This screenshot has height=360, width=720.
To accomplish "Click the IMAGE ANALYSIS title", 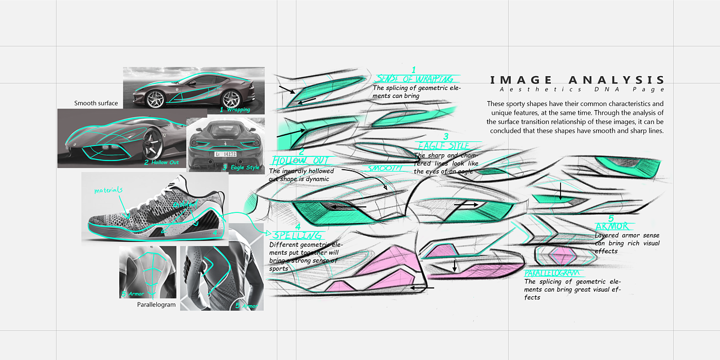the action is [578, 80].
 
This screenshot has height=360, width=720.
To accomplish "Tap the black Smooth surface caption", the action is [96, 103].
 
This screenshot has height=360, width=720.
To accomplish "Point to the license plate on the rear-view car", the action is [225, 154].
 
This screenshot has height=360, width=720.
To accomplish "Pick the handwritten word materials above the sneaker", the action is [108, 190].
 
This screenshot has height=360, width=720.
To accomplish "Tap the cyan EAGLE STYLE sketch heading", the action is [443, 145].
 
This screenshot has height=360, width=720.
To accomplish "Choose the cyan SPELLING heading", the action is [297, 235].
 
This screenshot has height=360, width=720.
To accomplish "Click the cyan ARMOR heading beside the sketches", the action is [611, 227].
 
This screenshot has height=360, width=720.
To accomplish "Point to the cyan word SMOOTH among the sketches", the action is [385, 168].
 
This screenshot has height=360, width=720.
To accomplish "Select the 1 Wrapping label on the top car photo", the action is [235, 110].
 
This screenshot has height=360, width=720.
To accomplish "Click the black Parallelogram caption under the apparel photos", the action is [156, 304].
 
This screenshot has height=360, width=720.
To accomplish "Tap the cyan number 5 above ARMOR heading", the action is [611, 219].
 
